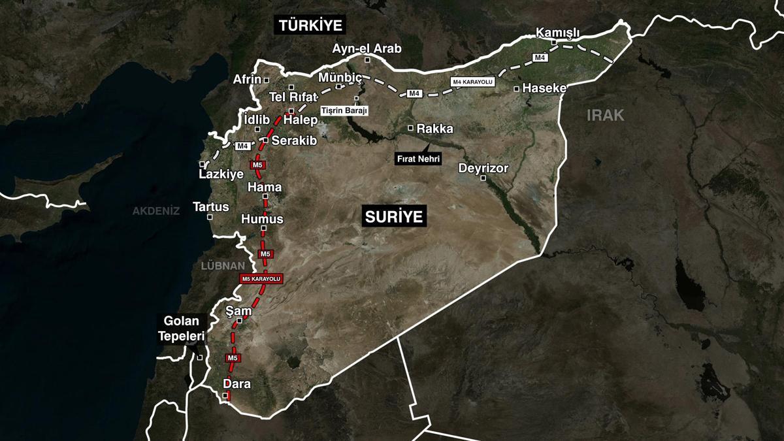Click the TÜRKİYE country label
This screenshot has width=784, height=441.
[311, 25]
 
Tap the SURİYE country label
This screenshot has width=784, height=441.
[394, 216]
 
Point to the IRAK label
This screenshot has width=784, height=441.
[605, 116]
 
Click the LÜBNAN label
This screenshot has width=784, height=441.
[222, 266]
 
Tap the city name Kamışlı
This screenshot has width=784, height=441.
[557, 32]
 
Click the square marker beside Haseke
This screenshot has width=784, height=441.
[517, 88]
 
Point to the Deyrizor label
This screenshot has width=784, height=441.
[483, 168]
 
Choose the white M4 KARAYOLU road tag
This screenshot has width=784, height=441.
[472, 82]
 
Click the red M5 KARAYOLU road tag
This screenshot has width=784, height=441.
[261, 279]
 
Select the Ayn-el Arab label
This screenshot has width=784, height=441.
[367, 48]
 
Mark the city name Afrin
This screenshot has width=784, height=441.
[247, 80]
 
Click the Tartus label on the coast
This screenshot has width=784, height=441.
[211, 206]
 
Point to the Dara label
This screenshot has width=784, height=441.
[237, 384]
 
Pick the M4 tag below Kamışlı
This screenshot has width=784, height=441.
[540, 58]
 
